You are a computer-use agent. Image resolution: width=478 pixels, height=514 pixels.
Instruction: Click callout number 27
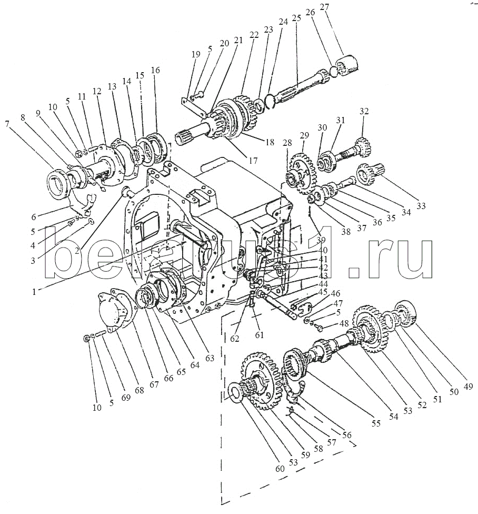tap(324, 7)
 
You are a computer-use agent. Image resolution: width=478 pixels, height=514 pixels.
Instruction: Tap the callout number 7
tap(7, 124)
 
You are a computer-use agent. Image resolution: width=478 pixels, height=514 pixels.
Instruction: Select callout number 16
tap(156, 70)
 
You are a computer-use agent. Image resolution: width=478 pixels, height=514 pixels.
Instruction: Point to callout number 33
tap(421, 205)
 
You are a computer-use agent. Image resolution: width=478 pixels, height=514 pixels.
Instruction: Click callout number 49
tap(469, 387)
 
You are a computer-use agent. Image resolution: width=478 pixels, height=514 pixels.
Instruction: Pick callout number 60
tap(280, 469)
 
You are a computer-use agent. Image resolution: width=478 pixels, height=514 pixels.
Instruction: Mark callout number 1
tap(34, 291)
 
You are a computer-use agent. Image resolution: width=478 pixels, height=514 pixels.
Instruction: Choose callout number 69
tap(126, 398)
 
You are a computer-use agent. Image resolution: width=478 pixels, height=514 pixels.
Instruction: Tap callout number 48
tap(344, 323)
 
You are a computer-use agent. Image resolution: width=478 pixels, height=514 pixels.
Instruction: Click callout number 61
tap(260, 335)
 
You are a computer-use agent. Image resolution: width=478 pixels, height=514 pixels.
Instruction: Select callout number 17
tap(253, 161)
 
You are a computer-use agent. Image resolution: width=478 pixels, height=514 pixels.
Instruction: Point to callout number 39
tap(321, 240)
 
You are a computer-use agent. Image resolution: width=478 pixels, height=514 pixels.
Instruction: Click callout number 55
tap(376, 423)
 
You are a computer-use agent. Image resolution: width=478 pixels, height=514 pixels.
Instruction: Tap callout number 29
tap(304, 135)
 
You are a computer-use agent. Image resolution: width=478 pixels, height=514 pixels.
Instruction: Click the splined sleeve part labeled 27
tap(346, 64)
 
